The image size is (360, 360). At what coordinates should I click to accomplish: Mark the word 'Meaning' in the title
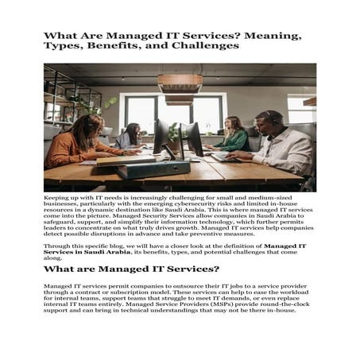[x=273, y=35]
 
